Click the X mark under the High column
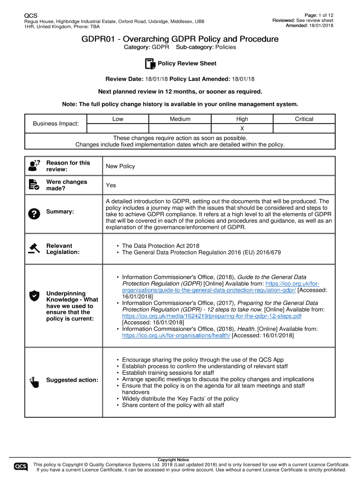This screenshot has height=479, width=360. point(242,128)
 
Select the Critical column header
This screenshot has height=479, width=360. point(304,119)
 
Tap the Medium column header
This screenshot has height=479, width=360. point(180,119)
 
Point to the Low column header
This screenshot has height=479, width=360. point(118,119)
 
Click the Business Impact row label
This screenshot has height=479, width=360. point(56,123)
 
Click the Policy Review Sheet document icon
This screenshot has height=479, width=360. point(150,64)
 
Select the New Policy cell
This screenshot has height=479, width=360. point(121,166)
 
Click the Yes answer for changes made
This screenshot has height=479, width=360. point(111,185)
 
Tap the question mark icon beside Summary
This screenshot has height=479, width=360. point(34,213)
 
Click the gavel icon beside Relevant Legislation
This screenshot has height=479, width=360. point(34,248)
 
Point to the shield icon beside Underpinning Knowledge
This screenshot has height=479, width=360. point(34,295)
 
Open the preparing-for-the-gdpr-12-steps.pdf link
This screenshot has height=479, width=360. point(211,316)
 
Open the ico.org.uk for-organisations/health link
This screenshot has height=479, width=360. point(176,335)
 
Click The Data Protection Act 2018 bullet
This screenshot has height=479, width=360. point(160,246)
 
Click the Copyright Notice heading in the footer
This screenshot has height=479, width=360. point(173,460)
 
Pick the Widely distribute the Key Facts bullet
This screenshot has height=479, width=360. point(180,399)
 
